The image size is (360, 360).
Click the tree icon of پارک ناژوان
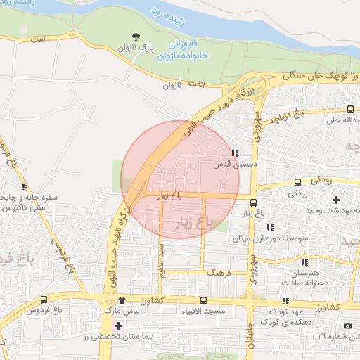click(136, 35)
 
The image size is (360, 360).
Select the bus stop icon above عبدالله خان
click(351, 109)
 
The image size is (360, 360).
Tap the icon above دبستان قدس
click(234, 153)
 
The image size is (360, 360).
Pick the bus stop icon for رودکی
click(297, 181)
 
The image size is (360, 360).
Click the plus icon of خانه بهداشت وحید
click(312, 210)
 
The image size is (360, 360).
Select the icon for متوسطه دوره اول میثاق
click(270, 226)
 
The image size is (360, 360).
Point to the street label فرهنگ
click(218, 271)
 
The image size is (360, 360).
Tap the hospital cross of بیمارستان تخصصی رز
click(117, 326)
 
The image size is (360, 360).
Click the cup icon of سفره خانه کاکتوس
click(25, 186)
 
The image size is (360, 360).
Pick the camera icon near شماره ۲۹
click(347, 326)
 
